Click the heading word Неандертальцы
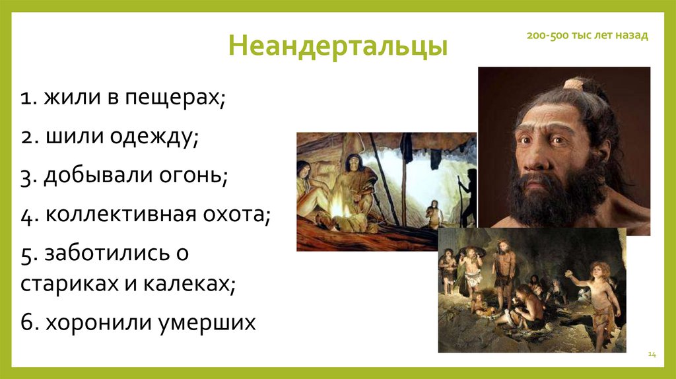(338, 48)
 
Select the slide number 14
(652, 355)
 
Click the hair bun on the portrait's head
(573, 85)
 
